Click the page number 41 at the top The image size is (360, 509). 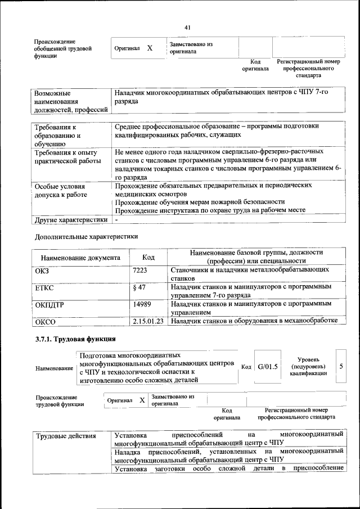187,27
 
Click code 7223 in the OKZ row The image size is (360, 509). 139,271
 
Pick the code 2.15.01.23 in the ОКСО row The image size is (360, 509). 148,321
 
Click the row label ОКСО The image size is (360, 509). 46,322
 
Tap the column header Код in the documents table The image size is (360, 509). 148,257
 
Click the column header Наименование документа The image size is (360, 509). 80,258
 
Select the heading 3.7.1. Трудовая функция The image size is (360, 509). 75,339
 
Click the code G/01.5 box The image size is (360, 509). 268,367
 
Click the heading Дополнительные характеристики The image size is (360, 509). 86,237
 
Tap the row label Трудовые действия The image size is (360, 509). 66,436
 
